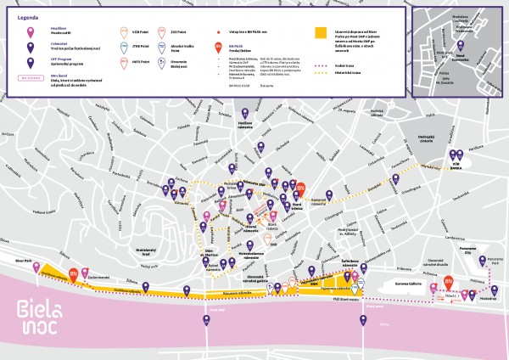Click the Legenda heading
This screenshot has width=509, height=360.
coord(26,16)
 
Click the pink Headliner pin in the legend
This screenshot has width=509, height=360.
coord(32,32)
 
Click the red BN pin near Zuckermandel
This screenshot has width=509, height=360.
coord(74,272)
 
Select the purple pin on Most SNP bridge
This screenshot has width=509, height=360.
coord(205,320)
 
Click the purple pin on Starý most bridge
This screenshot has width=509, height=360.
coord(362,321)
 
